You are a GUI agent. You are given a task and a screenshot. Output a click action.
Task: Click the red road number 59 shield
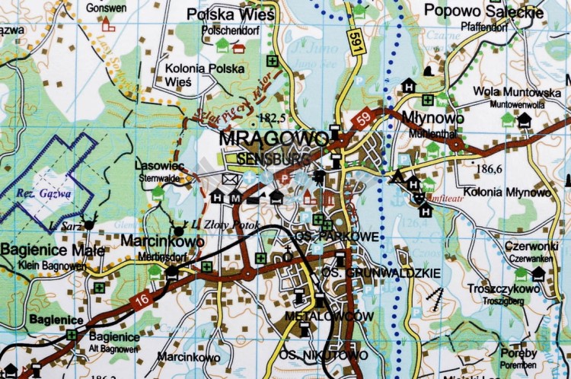[362, 119]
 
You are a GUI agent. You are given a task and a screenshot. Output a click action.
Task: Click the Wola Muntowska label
[506, 91]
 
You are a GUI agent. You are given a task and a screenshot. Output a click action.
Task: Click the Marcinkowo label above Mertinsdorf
[163, 241]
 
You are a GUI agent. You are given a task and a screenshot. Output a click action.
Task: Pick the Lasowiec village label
[159, 165]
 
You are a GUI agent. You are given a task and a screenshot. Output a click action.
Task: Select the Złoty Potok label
[225, 226]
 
